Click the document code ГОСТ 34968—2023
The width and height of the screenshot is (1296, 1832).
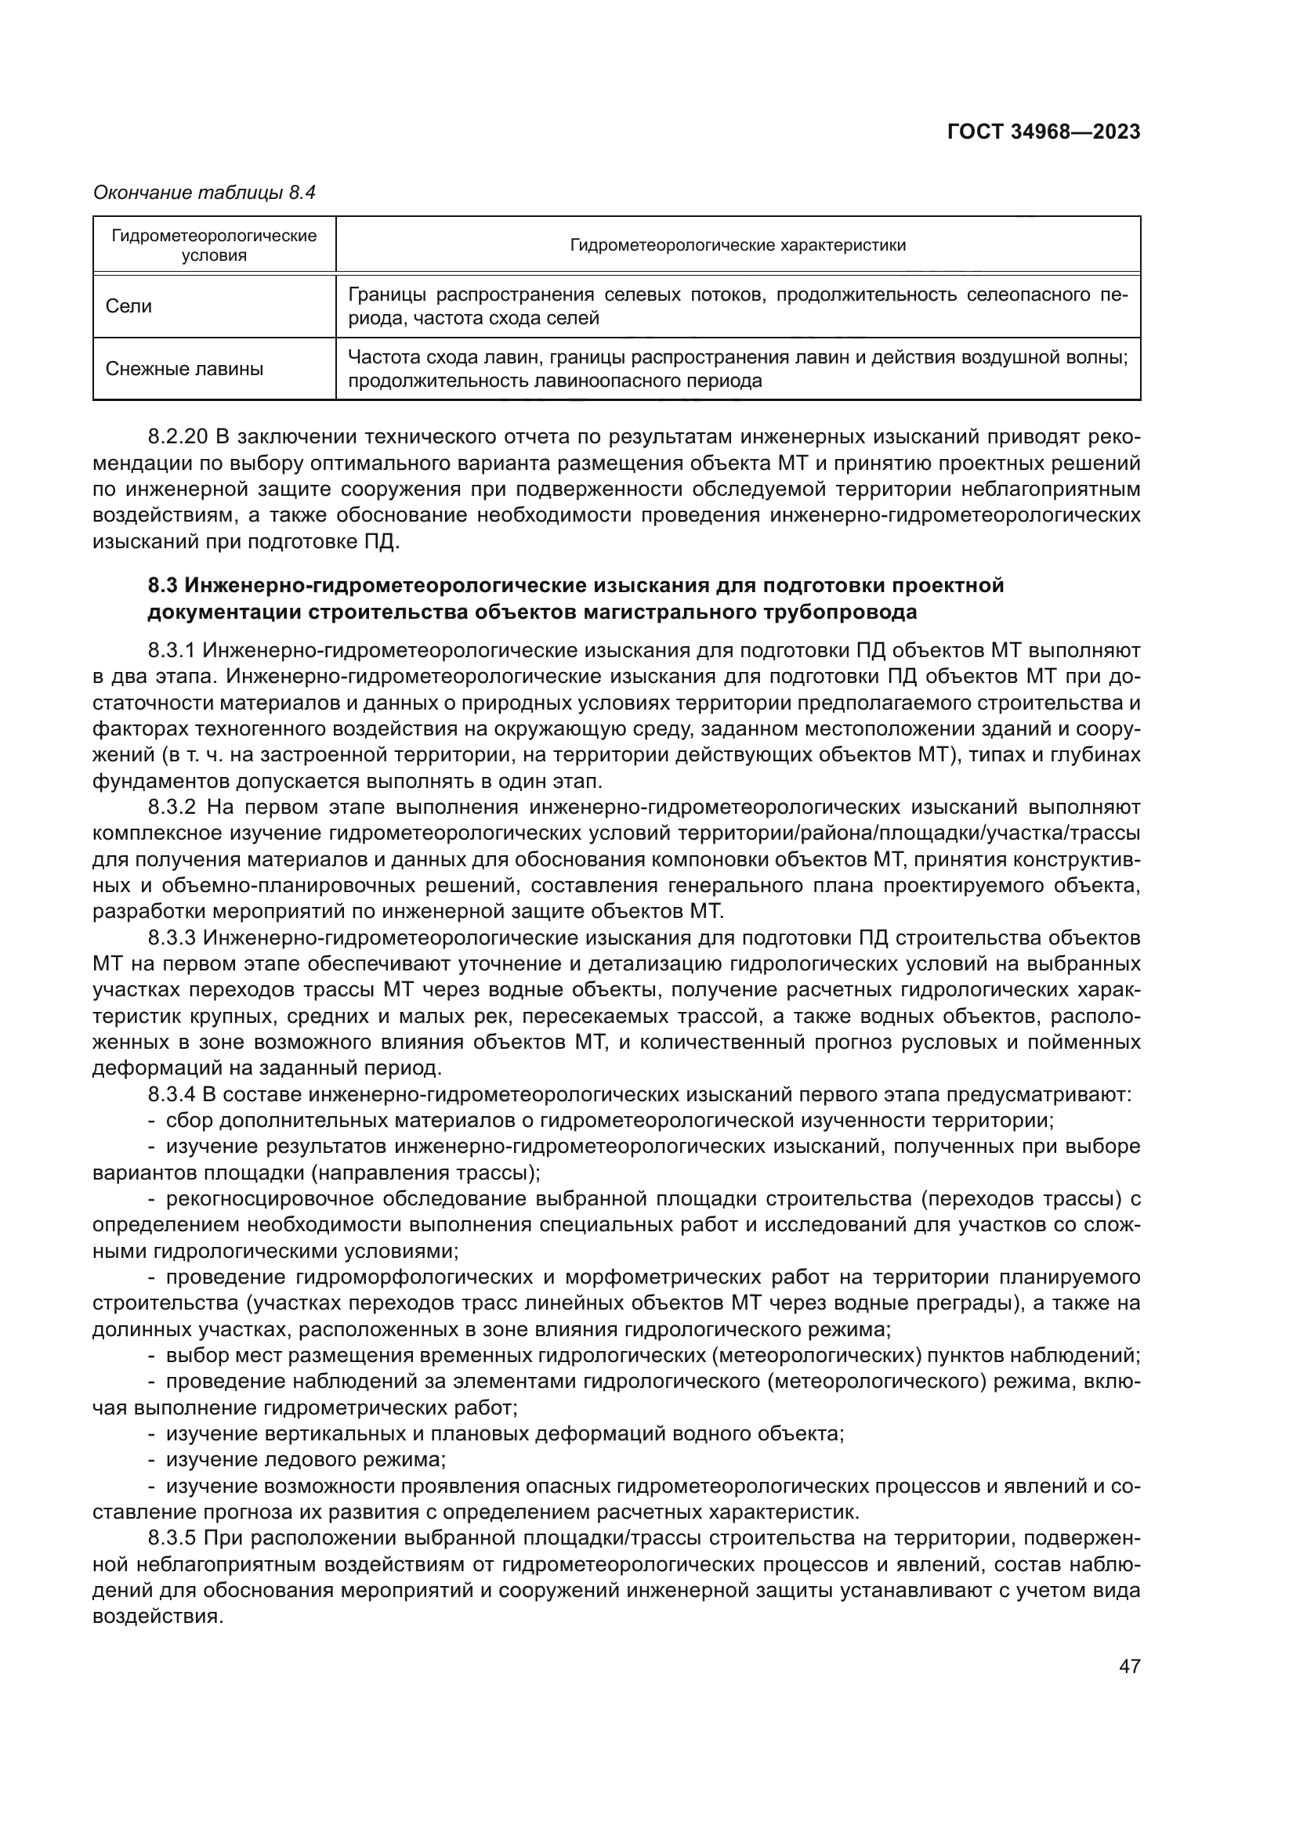pyautogui.click(x=1043, y=132)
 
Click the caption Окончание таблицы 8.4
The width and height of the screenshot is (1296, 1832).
pyautogui.click(x=205, y=193)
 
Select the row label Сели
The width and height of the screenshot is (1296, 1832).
pyautogui.click(x=129, y=306)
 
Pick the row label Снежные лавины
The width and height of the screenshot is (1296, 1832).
pyautogui.click(x=184, y=369)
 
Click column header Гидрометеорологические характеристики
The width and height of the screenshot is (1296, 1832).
pyautogui.click(x=737, y=245)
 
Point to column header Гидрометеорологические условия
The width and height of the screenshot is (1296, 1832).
pyautogui.click(x=214, y=245)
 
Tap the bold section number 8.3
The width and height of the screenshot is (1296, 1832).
pyautogui.click(x=163, y=586)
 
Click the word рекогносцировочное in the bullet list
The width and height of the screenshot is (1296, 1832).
pyautogui.click(x=269, y=1198)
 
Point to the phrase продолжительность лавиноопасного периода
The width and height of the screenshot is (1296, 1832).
pyautogui.click(x=555, y=381)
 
